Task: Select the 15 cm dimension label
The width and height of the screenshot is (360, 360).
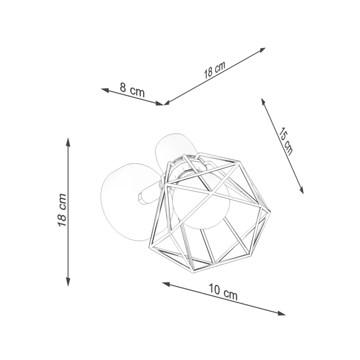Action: pos(286,140)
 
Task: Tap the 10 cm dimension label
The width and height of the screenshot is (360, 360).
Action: pos(223,292)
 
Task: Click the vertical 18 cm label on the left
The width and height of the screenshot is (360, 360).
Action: pos(62,210)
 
